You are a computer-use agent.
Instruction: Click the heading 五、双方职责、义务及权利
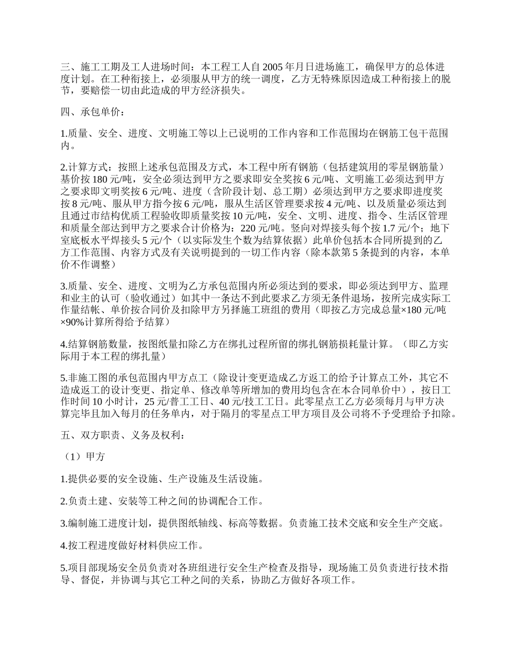tap(122, 435)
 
